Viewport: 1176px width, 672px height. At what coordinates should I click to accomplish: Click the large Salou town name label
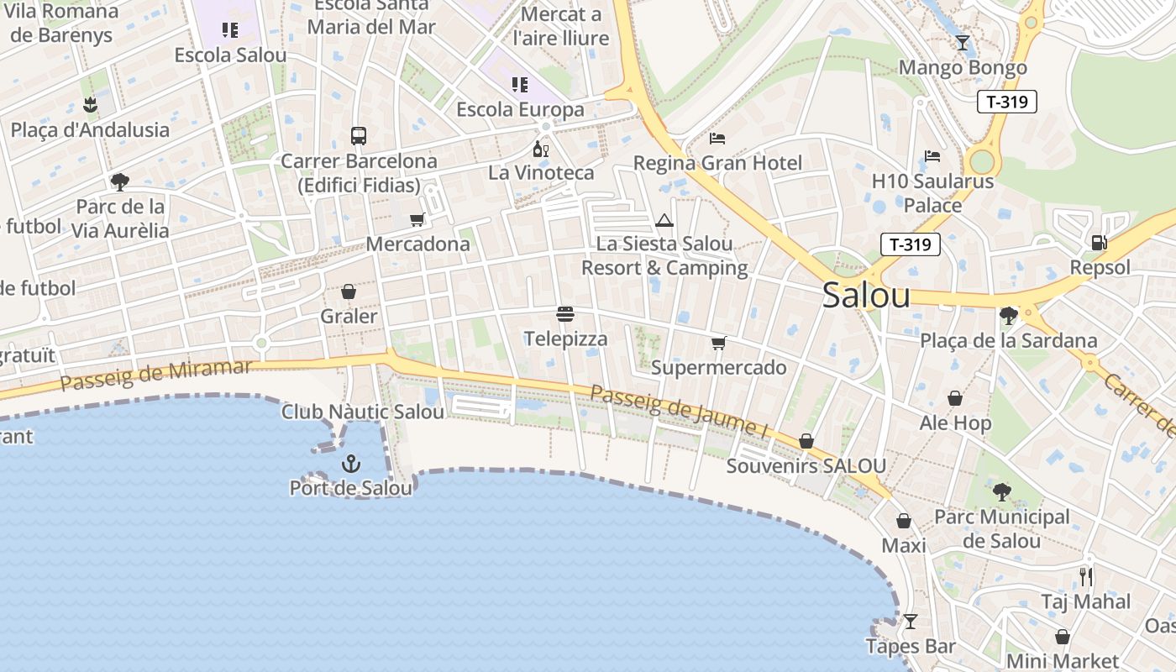click(x=866, y=295)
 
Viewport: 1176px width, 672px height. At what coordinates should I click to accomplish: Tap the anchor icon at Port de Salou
click(x=351, y=463)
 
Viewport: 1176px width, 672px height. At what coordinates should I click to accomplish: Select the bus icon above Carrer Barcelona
click(x=359, y=135)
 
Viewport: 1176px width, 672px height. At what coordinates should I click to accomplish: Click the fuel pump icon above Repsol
click(x=1098, y=243)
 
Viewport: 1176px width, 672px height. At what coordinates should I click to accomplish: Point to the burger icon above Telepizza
click(x=565, y=314)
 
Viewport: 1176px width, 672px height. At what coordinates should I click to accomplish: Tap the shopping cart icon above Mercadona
click(x=417, y=220)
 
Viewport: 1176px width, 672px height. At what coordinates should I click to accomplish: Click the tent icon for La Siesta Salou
click(x=664, y=221)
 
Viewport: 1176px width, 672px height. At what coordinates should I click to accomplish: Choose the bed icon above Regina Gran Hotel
click(x=717, y=138)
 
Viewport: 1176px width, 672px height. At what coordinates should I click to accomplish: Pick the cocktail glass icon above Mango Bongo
click(x=963, y=43)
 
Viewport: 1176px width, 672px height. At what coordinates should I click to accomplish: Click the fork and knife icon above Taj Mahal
click(x=1086, y=577)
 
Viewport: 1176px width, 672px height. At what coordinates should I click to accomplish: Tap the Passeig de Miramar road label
click(x=156, y=375)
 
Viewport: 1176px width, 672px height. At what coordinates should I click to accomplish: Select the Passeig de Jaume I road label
click(x=679, y=411)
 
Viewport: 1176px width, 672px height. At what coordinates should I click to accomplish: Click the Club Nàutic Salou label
click(x=363, y=412)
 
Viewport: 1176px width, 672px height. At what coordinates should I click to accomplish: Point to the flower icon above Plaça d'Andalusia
click(x=90, y=105)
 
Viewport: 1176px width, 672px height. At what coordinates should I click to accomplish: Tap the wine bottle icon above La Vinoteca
click(x=541, y=149)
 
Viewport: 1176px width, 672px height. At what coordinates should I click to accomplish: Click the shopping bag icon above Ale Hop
click(x=955, y=398)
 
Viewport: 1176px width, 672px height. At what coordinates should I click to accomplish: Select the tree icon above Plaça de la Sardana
click(x=1008, y=316)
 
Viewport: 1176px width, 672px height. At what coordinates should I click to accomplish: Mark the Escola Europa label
click(x=520, y=109)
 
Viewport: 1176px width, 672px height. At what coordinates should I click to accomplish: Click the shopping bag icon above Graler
click(x=349, y=291)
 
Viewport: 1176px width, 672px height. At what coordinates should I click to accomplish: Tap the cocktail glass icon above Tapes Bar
click(x=910, y=622)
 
